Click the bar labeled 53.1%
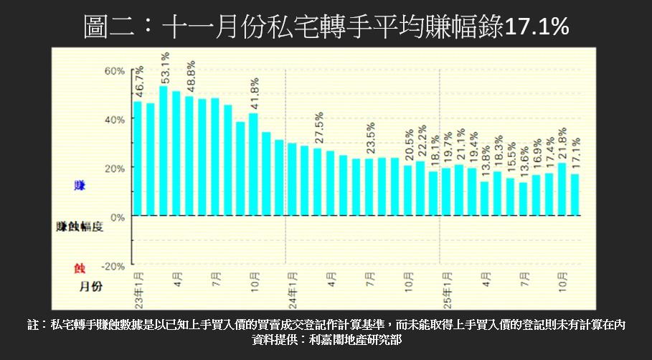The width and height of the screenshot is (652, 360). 164,151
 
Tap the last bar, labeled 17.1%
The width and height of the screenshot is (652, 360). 575,194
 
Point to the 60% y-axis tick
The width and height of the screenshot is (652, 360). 115,71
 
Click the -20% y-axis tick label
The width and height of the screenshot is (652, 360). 113,265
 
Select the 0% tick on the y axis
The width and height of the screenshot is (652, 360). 118,217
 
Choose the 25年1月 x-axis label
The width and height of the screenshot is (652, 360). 446,286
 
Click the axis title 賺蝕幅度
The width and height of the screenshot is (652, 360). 80,227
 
